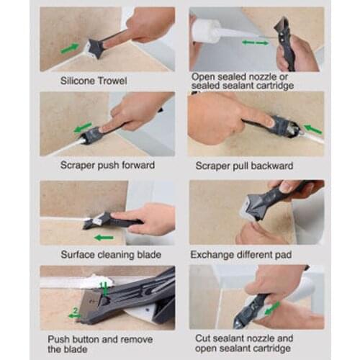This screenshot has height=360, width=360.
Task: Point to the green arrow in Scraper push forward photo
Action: [x=83, y=128]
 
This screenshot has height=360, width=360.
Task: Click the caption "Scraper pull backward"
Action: [x=242, y=166]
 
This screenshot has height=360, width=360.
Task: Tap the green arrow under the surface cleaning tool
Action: [x=104, y=237]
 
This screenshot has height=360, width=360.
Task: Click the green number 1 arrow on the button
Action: [x=104, y=288]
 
